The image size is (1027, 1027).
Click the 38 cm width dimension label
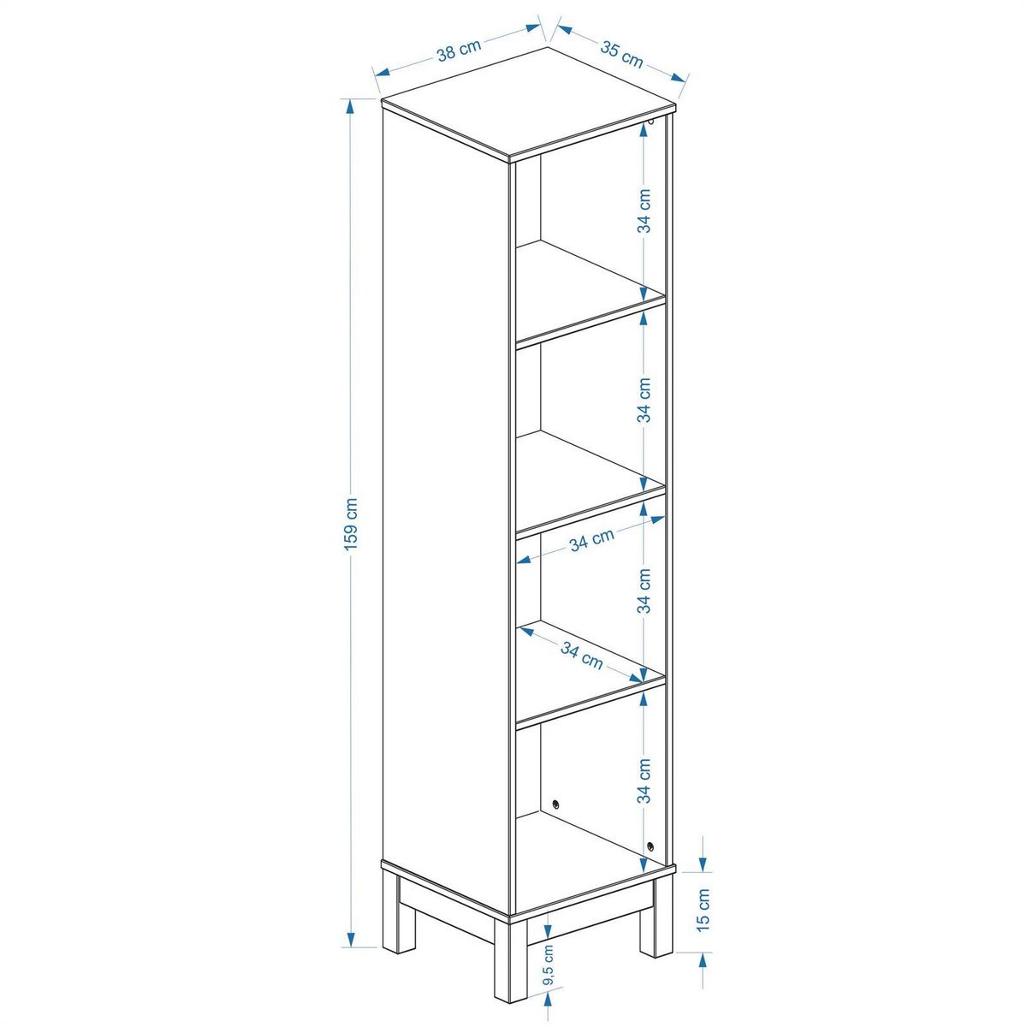coord(459,50)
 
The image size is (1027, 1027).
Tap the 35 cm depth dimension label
coord(622,54)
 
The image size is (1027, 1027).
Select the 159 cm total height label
coord(351,525)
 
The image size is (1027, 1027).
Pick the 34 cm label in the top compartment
coord(644,211)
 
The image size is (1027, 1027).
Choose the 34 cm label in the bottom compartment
coord(644,781)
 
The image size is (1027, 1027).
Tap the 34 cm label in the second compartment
coord(644,400)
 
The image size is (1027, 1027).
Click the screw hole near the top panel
coord(650,124)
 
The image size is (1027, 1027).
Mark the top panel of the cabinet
coord(530,104)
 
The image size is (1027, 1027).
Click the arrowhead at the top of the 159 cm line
coord(350,108)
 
